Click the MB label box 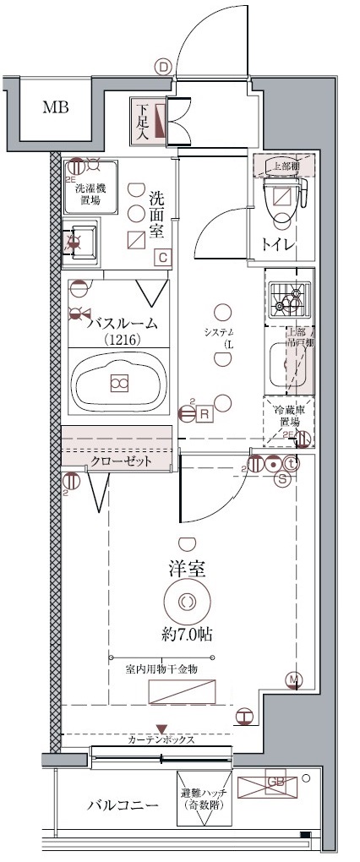click(57, 108)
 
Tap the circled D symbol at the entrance click(163, 66)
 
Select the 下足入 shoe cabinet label click(142, 120)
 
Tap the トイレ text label click(278, 245)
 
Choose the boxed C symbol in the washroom click(163, 258)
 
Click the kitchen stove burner click(290, 297)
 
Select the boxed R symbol click(205, 413)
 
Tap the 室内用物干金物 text click(161, 668)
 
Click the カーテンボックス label click(161, 739)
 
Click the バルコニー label click(123, 805)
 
